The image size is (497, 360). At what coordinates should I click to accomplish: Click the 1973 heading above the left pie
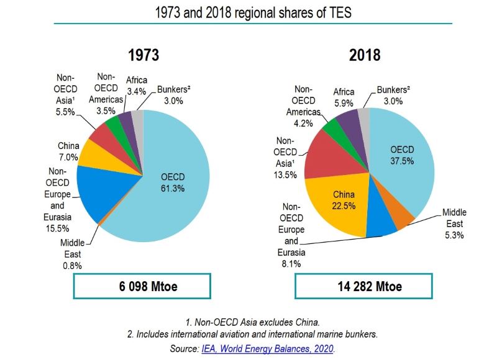tap(144, 55)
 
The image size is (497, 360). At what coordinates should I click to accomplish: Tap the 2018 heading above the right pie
tap(365, 55)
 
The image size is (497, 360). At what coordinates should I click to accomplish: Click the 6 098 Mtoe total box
tap(143, 286)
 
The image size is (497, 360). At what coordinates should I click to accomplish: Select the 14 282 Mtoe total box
tap(365, 286)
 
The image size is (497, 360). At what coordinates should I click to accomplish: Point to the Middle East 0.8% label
tap(72, 254)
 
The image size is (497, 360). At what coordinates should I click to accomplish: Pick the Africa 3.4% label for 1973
tap(136, 86)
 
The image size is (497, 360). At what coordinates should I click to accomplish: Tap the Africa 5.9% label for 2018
tap(344, 97)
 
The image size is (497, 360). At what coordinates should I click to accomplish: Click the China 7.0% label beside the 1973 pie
tap(68, 151)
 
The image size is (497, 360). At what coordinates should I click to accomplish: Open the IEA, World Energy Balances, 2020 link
tap(268, 349)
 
